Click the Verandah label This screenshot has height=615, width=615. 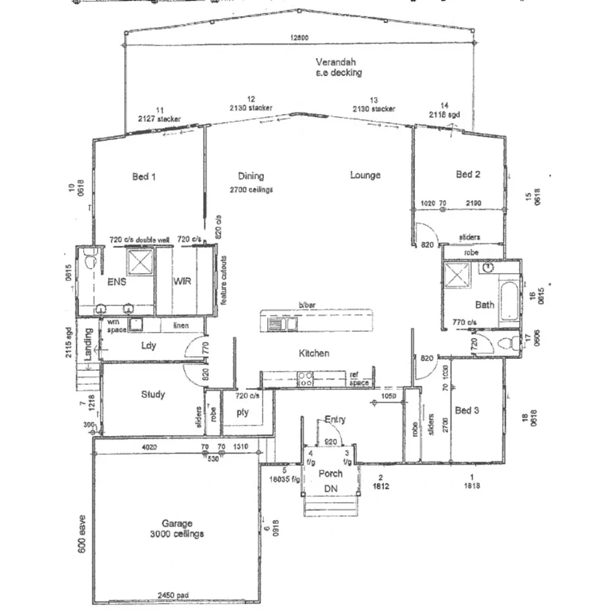(339, 61)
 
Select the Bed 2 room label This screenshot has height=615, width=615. (468, 174)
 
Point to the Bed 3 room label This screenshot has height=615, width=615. (467, 410)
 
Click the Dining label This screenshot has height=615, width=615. (251, 176)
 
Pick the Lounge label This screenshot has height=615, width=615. (365, 175)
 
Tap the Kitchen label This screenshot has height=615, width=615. (313, 353)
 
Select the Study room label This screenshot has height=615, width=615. (153, 395)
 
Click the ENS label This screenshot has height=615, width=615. (116, 281)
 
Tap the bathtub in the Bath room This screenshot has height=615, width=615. (509, 301)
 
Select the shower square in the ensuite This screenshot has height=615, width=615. (141, 263)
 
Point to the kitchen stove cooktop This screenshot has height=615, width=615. (306, 378)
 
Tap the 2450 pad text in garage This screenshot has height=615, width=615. (173, 595)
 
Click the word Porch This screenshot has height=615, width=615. (330, 473)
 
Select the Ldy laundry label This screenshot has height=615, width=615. (148, 345)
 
